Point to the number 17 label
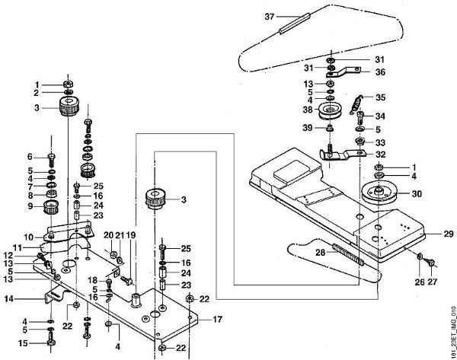pos(217,319)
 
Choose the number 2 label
pos(36,93)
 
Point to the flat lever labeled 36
pos(347,74)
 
